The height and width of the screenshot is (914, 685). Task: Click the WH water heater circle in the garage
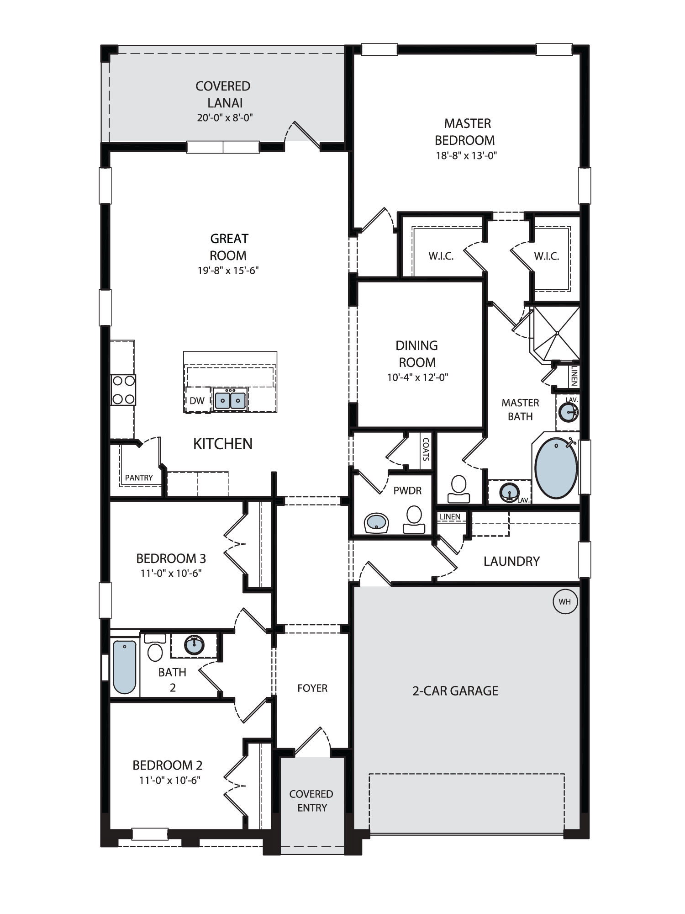(x=565, y=601)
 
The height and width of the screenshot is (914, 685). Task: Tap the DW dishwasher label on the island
(x=197, y=401)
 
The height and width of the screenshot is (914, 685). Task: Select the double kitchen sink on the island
(x=231, y=400)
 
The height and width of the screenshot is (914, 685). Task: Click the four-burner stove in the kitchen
(x=123, y=390)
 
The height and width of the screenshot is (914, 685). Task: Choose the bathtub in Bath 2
(x=124, y=667)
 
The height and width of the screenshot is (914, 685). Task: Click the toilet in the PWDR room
(x=414, y=520)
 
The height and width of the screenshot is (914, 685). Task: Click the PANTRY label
(x=139, y=478)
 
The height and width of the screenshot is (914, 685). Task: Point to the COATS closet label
(x=426, y=449)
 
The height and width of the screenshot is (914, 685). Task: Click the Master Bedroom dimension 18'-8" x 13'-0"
(x=466, y=155)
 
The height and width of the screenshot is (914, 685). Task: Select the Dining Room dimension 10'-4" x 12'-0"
(x=417, y=377)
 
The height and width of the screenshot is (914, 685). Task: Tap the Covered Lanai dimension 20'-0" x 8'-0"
(x=225, y=118)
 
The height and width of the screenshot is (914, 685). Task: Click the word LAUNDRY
(x=511, y=561)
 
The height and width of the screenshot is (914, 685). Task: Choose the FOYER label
(x=312, y=688)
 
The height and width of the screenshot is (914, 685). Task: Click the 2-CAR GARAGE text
(x=455, y=691)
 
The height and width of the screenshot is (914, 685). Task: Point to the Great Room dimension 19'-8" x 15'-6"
(x=228, y=271)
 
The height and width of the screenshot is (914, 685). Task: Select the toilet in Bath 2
(x=155, y=648)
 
